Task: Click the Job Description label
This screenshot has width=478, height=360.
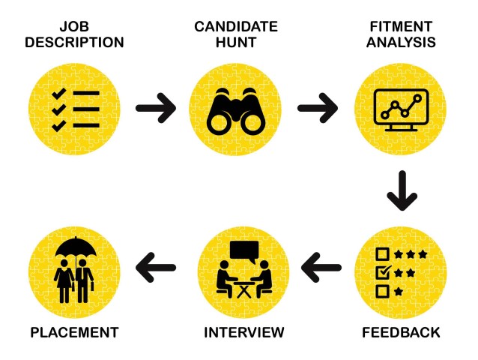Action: click(74, 34)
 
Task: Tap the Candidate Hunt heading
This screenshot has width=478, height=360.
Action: click(235, 34)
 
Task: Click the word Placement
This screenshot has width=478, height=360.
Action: click(73, 331)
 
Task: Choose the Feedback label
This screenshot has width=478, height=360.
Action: click(402, 331)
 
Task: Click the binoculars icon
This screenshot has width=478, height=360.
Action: click(235, 109)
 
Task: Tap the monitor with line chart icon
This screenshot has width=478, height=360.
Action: click(402, 111)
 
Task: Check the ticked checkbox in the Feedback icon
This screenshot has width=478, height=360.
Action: click(382, 271)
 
